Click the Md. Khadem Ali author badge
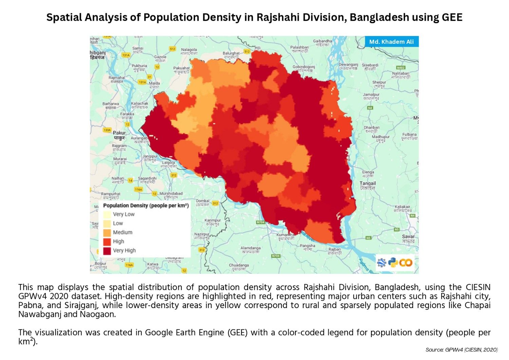click(x=391, y=42)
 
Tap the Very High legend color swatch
click(x=107, y=251)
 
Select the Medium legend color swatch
click(x=107, y=233)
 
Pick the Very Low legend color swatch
click(x=107, y=214)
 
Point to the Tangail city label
click(x=367, y=185)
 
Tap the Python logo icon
click(x=393, y=263)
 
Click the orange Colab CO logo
click(x=406, y=263)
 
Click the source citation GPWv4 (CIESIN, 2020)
click(x=461, y=350)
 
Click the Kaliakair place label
click(x=402, y=208)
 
